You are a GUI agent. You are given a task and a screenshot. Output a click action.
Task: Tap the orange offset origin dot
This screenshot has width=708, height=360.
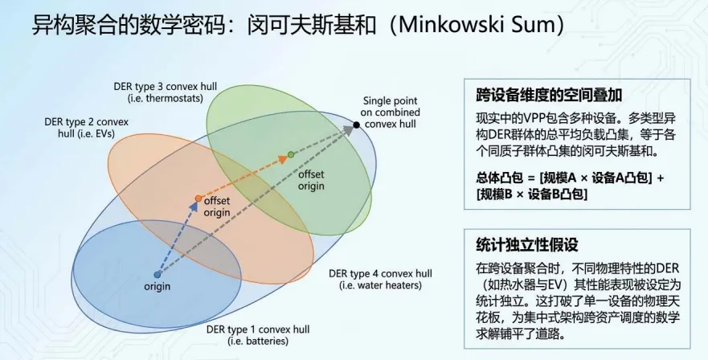(x=198, y=198)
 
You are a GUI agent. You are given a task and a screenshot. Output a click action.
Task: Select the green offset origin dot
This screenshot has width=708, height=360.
(x=291, y=154)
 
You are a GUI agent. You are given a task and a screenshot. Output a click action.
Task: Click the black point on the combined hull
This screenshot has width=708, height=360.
(x=356, y=125)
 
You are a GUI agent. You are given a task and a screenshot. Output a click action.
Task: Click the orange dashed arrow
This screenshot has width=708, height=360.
(x=244, y=176)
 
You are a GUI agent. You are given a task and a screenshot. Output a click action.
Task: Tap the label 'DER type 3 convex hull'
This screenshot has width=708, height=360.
(x=162, y=87)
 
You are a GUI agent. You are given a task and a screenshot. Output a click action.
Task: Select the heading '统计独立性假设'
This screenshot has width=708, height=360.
(x=516, y=244)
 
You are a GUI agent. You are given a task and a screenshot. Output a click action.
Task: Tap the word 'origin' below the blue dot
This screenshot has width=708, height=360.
(x=158, y=287)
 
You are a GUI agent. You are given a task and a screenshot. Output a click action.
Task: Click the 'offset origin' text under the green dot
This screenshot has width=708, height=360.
(x=311, y=180)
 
